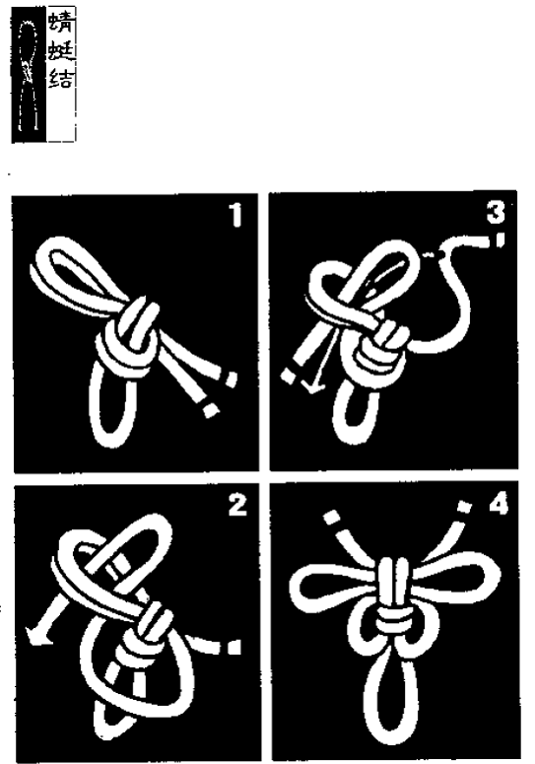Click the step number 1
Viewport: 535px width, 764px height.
pyautogui.click(x=236, y=215)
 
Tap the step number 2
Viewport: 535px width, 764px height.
pyautogui.click(x=237, y=505)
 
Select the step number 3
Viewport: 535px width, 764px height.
pyautogui.click(x=496, y=213)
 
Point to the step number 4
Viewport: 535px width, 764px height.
pyautogui.click(x=499, y=504)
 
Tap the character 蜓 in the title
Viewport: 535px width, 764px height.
pyautogui.click(x=61, y=50)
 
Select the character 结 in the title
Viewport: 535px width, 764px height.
pyautogui.click(x=61, y=78)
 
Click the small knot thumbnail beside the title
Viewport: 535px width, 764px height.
pyautogui.click(x=29, y=75)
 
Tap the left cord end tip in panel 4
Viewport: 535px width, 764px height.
pyautogui.click(x=332, y=517)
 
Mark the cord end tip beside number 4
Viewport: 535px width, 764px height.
pyautogui.click(x=465, y=508)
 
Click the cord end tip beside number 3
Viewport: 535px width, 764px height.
pyautogui.click(x=500, y=241)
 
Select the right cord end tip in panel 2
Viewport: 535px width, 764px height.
pyautogui.click(x=234, y=647)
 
